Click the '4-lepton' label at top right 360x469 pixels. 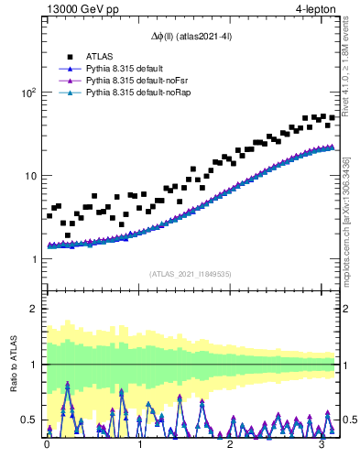(316, 10)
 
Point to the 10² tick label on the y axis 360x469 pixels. (27, 93)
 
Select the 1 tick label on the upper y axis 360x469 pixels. (34, 259)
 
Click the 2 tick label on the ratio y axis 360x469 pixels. (34, 309)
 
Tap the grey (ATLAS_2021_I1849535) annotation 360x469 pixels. (191, 273)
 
